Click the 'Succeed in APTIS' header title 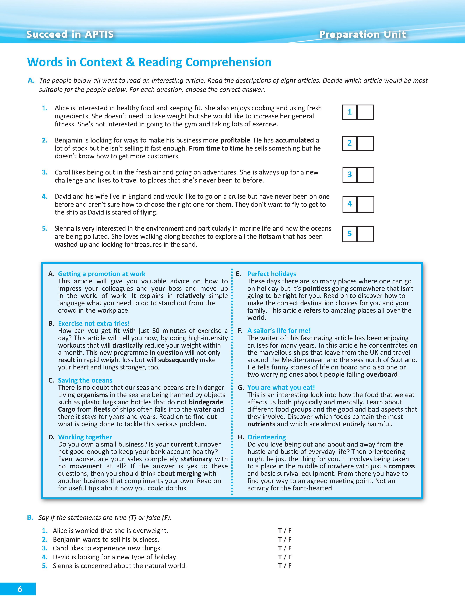pos(70,34)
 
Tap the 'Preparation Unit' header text pos(362,34)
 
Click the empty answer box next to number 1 pos(365,112)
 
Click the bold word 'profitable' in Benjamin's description pos(235,140)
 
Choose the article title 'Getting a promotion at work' pos(102,274)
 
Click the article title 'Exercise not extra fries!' pos(94,323)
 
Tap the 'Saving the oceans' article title pos(85,380)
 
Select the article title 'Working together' pos(85,437)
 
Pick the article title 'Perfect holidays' pos(272,274)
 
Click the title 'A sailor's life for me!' pos(279,330)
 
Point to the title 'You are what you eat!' pos(281,387)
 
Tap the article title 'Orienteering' pos(266,437)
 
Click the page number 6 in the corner pos(20,589)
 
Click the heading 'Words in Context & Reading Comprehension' pos(149,62)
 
